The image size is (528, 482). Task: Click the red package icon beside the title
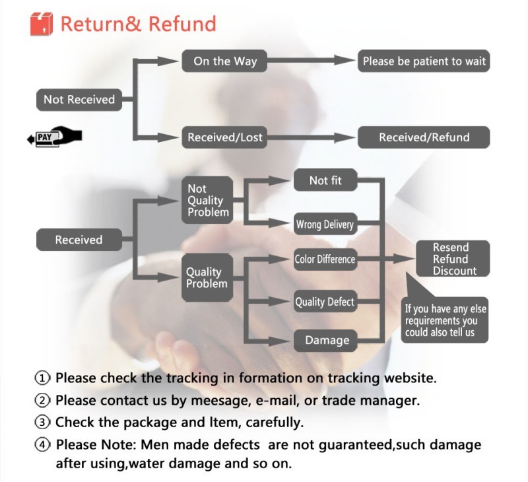pos(41,24)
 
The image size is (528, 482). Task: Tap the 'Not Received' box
pos(79,100)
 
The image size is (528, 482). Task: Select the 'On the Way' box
pos(225,61)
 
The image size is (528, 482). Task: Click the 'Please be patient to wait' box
pos(424,61)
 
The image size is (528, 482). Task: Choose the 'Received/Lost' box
pos(225,137)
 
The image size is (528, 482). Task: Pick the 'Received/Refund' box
pos(424,137)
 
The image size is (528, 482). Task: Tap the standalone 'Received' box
pos(79,240)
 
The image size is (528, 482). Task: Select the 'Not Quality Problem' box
pos(208,200)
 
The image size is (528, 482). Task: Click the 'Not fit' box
pos(325,180)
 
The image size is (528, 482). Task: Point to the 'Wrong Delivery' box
pos(325,224)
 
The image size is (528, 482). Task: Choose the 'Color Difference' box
pos(325,259)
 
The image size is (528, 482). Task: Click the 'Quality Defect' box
pos(325,302)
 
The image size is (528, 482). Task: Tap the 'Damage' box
pos(327,340)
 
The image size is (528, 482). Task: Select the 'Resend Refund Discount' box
pos(451,259)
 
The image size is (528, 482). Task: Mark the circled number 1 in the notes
pos(42,378)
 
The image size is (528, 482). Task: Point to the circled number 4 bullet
pos(42,445)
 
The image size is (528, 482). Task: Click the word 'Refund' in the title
pos(182,24)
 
